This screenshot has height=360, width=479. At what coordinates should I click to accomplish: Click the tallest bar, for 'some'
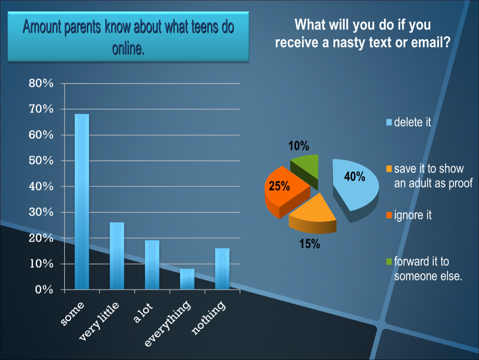(82, 202)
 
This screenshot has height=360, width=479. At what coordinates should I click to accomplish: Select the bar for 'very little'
(117, 256)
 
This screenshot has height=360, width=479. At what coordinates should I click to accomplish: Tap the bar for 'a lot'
(152, 265)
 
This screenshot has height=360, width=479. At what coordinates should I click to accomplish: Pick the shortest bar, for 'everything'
(187, 279)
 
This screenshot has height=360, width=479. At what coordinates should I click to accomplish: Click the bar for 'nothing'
(222, 269)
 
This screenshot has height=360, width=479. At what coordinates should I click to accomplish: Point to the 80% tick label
(41, 83)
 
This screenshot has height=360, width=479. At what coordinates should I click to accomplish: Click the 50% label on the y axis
(41, 160)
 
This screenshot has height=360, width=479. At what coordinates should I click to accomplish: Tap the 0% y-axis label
(44, 290)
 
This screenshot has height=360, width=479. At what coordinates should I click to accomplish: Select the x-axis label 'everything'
(167, 323)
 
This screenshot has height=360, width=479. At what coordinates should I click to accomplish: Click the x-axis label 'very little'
(99, 320)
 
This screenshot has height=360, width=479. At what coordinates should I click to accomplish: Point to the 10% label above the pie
(299, 146)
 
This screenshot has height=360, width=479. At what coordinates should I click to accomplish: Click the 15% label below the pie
(309, 244)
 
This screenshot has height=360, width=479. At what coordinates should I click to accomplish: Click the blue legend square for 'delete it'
(389, 122)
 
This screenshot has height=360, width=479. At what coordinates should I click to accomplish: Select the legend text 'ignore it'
(413, 215)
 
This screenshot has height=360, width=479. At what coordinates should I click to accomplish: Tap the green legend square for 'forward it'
(389, 262)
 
